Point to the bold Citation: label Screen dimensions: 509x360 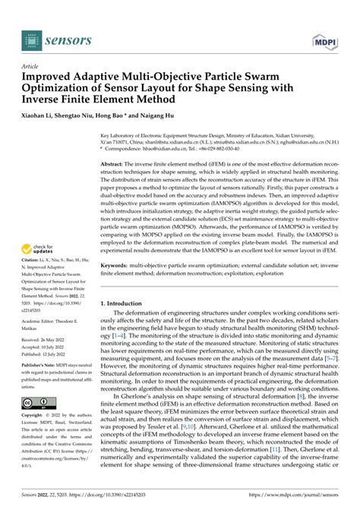[32, 261]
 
